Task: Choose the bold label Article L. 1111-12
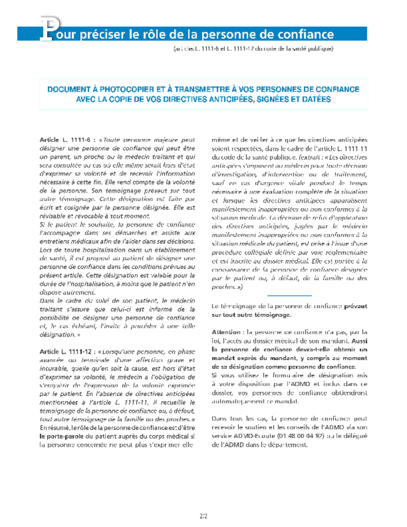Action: (64, 350)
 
